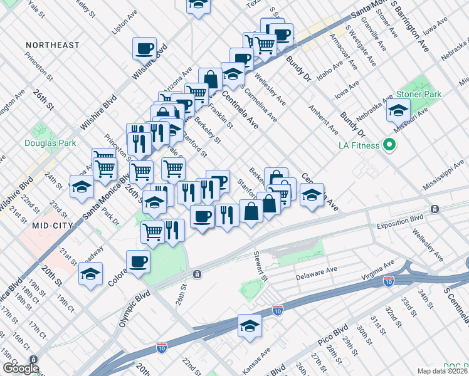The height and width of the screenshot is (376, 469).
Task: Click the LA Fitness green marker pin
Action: tap(389, 146)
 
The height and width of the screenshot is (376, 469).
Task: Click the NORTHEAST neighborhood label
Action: tap(53, 45)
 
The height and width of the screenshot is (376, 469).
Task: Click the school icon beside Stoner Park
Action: tap(398, 111)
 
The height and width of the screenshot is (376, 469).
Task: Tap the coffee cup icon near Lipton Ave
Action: tap(144, 48)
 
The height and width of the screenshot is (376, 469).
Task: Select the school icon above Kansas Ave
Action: tap(250, 326)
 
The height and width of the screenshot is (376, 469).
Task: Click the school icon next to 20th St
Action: tap(91, 274)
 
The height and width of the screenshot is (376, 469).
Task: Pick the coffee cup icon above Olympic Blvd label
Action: tap(138, 261)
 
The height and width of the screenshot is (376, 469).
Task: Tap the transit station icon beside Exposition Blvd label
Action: tap(434, 209)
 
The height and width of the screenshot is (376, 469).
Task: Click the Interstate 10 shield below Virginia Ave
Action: tap(389, 283)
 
